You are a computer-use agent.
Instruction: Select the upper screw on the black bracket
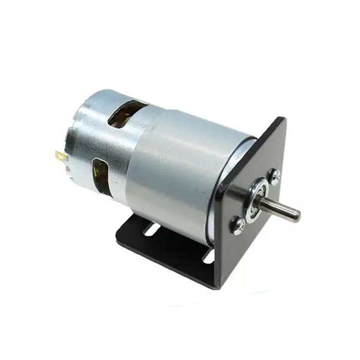274,175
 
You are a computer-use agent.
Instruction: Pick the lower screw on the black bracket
238,225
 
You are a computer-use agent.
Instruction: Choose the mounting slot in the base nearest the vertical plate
208,256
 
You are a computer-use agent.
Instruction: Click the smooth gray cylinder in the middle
180,165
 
